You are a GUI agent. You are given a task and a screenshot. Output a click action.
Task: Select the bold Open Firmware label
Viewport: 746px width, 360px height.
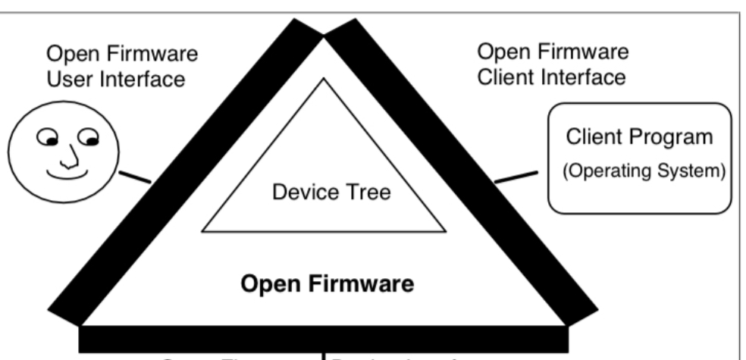328,285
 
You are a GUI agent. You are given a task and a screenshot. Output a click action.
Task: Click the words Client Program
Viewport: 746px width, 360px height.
639,139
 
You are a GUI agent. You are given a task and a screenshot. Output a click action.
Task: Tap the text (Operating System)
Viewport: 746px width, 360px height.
639,170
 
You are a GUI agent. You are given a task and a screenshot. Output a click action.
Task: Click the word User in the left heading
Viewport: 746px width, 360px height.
67,78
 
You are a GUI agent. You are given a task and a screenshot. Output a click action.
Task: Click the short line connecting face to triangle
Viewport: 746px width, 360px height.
136,180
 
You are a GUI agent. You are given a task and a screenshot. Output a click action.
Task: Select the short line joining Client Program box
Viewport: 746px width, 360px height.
516,177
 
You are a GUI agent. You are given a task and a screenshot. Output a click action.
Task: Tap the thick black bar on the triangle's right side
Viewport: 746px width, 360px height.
462,174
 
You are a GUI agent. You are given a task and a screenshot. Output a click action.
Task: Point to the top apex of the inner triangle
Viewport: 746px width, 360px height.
324,79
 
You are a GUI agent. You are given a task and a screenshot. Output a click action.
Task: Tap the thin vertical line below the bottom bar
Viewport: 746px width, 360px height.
324,355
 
